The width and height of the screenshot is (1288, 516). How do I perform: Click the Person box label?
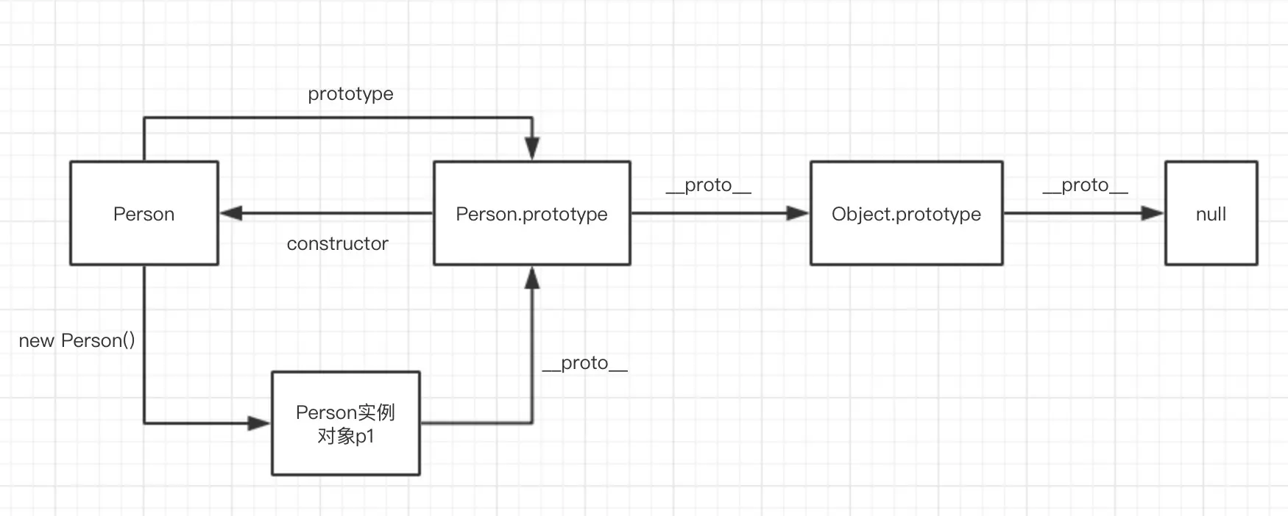point(144,214)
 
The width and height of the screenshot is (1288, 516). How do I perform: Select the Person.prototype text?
point(531,214)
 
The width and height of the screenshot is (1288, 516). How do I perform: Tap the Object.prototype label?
point(906,214)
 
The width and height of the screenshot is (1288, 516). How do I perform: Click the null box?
point(1211,214)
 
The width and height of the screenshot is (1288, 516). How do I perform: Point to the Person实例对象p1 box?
point(346,423)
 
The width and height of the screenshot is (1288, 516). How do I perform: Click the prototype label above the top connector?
point(350,94)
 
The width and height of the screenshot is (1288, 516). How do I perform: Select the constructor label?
point(337,244)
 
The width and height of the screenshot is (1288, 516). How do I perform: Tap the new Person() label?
point(77,341)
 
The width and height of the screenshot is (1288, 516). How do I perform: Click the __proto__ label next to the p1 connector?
point(584,363)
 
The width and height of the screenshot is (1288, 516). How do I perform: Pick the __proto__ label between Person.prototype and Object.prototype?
point(708,185)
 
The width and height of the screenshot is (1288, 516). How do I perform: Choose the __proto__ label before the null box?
point(1085,185)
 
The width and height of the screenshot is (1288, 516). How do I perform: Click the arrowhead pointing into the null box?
point(1153,214)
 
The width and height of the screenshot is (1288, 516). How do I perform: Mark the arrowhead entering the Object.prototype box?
point(798,214)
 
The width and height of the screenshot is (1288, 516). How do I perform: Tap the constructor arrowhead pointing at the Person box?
point(231,214)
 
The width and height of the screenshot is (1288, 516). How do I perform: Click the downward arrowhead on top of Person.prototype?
point(532,148)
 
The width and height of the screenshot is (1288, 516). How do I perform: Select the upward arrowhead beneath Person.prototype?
point(532,278)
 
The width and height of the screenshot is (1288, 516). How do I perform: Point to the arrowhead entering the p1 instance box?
point(259,423)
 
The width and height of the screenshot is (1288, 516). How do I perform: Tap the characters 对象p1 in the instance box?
point(346,437)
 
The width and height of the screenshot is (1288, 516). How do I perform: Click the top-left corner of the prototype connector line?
point(144,118)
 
